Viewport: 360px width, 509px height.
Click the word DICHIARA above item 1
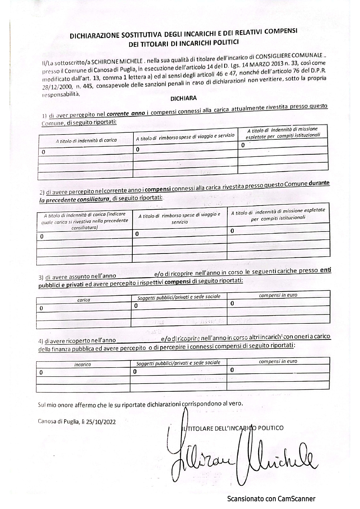183,99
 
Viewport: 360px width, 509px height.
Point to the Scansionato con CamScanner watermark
271,499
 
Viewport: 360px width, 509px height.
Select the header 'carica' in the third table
84,300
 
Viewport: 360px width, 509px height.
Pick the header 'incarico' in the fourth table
83,365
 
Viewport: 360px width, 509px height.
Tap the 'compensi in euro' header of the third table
278,295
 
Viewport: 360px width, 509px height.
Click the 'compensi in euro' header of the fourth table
278,361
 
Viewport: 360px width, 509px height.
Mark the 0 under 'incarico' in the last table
41,372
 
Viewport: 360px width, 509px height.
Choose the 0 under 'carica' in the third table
41,308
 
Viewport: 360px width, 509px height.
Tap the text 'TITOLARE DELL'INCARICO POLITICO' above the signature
234,428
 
